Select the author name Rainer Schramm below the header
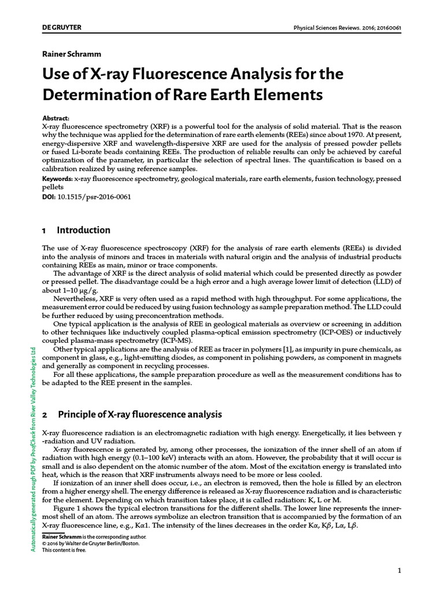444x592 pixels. (72, 54)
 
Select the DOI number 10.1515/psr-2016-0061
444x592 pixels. (95, 197)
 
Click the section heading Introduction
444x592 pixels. (84, 230)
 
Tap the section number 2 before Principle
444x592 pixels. (45, 415)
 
